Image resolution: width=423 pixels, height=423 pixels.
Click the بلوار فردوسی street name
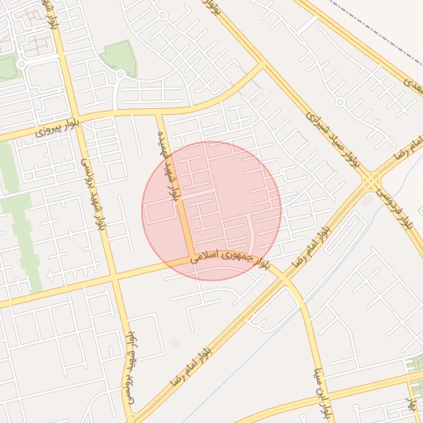tap(396, 207)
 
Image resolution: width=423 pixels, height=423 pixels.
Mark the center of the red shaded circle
tap(211, 211)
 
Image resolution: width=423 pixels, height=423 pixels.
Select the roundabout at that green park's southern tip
tap(120, 75)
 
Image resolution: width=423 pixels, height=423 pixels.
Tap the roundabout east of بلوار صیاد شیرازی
tap(340, 102)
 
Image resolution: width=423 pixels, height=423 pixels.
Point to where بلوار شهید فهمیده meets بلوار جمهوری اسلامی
tap(189, 259)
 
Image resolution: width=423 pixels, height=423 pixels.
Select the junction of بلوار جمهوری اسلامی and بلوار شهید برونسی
tap(114, 278)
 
